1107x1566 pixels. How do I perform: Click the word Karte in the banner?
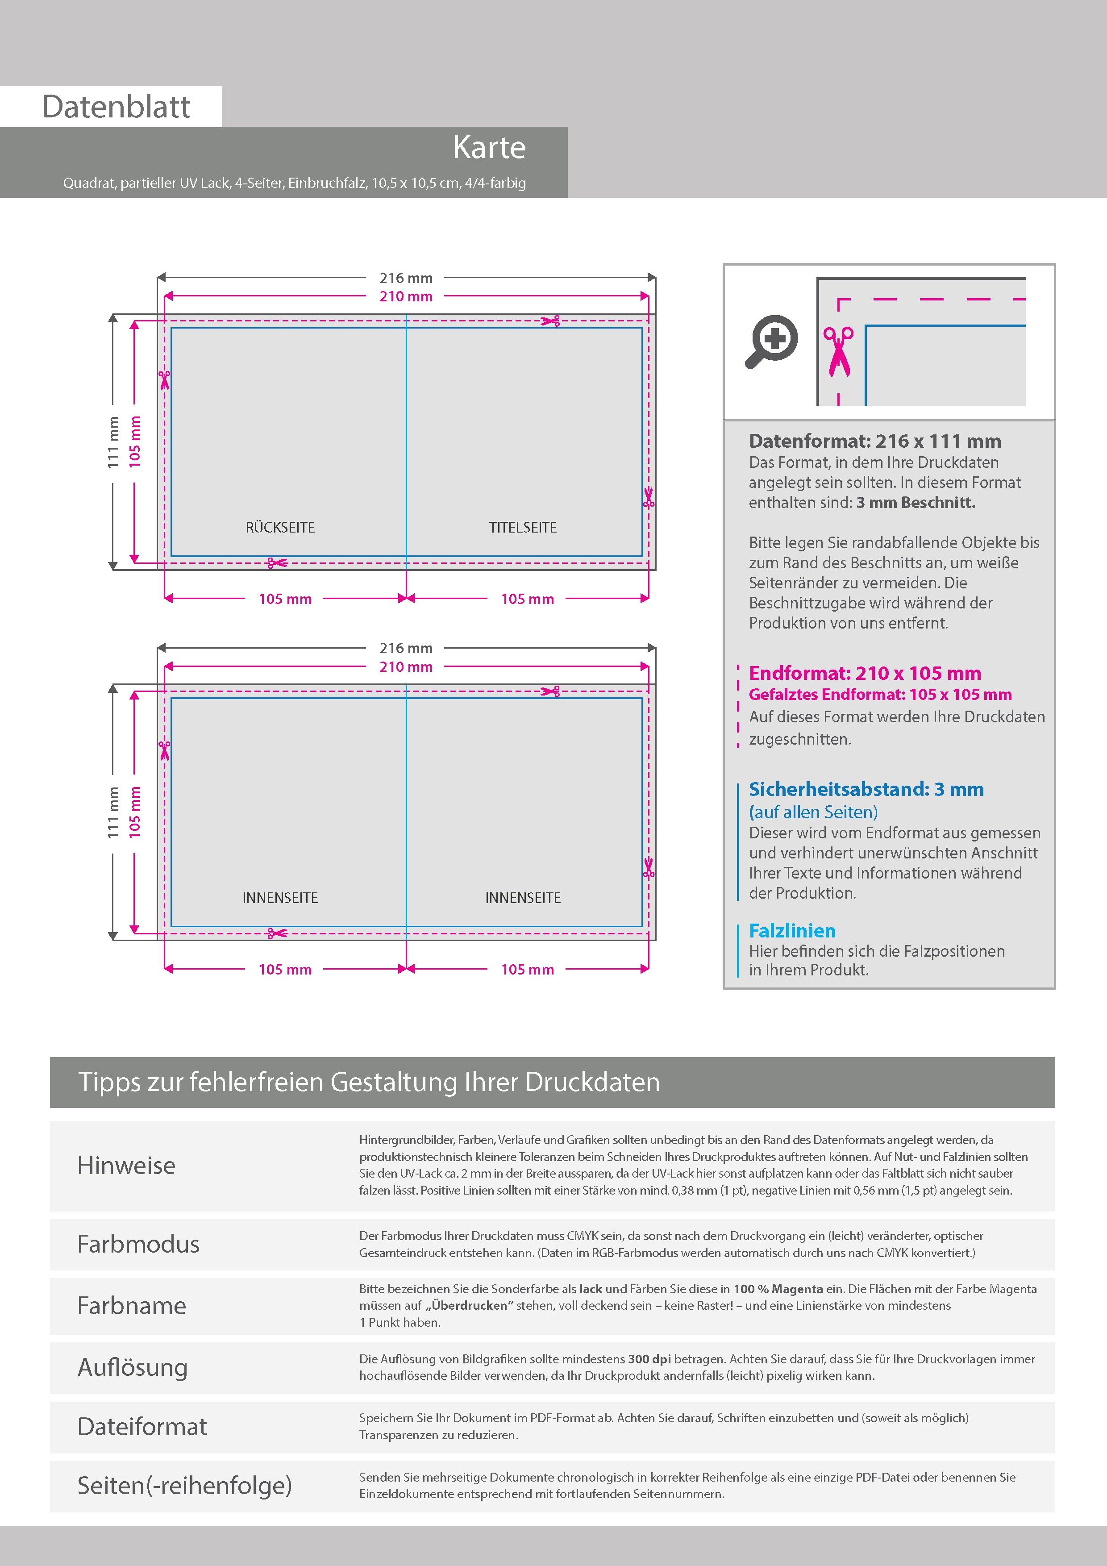[489, 147]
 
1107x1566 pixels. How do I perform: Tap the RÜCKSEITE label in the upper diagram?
[280, 527]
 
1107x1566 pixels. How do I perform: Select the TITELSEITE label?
[522, 527]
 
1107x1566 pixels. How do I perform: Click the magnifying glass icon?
[771, 341]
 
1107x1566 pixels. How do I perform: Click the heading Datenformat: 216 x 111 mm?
[874, 441]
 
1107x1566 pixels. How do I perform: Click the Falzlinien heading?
[792, 931]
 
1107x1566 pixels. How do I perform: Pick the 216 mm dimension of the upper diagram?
[406, 278]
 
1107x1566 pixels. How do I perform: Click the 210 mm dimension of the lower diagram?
[406, 667]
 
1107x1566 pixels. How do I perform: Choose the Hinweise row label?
[126, 1166]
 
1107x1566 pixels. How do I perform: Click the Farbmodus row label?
[138, 1244]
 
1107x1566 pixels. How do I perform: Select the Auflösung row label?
[132, 1367]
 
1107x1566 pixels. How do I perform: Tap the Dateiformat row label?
[142, 1427]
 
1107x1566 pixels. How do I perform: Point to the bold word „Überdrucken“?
[469, 1305]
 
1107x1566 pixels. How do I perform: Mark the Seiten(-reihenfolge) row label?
[184, 1486]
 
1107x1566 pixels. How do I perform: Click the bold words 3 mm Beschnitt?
[916, 503]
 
